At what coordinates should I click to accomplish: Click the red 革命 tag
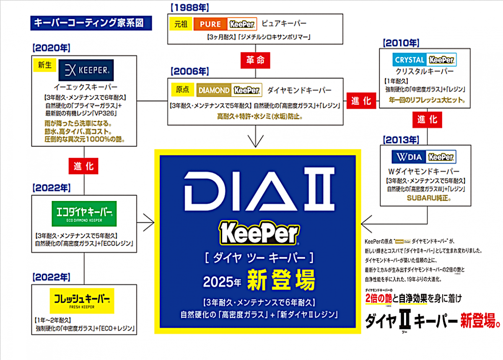[x=255, y=60]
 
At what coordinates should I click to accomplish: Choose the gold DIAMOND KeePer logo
[x=229, y=90]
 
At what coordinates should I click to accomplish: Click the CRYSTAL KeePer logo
[x=425, y=60]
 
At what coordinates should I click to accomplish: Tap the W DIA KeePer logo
[x=424, y=157]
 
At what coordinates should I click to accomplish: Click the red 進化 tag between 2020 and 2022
[x=84, y=166]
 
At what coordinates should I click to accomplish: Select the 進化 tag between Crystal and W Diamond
[x=427, y=120]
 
